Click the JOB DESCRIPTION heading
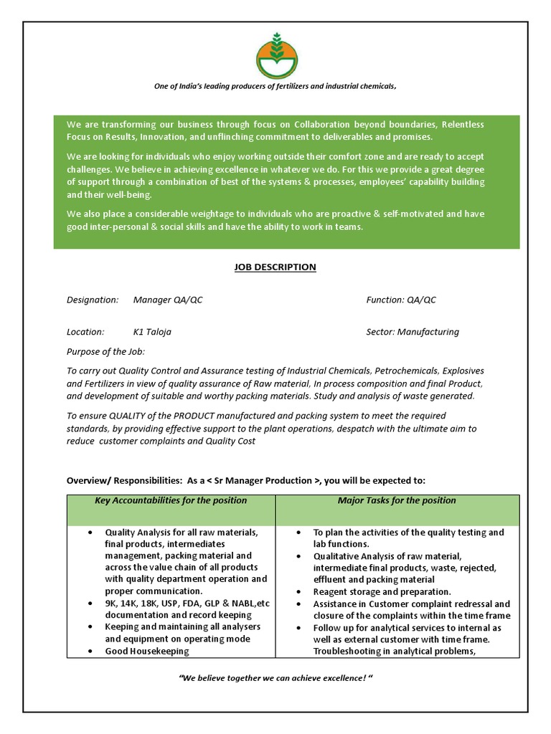pos(275,267)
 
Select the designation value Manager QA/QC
pos(168,300)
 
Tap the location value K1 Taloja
pos(152,332)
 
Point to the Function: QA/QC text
pos(400,300)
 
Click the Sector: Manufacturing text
pos(412,332)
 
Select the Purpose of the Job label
pos(105,352)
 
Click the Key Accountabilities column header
pos(171,500)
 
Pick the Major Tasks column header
pos(397,500)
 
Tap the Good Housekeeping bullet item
pos(147,651)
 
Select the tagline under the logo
pos(275,87)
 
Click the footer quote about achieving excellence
pos(275,677)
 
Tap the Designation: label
pos(93,300)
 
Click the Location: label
pos(85,332)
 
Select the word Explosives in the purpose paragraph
pos(463,371)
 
